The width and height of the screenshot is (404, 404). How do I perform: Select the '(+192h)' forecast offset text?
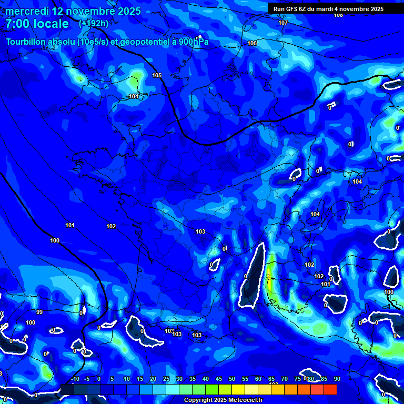coord(94,24)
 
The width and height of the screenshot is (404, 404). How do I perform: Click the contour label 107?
coord(283,23)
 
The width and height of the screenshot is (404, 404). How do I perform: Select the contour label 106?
coord(252,43)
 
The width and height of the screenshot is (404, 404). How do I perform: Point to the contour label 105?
coord(157,75)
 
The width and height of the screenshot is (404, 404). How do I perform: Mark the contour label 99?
coord(39,312)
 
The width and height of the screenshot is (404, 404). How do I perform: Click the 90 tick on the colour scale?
coord(337,379)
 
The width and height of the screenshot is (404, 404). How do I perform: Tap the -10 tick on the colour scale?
coord(75,379)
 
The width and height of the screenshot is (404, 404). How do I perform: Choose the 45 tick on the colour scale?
coord(219,379)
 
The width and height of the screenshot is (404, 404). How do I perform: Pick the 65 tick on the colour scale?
coord(271,379)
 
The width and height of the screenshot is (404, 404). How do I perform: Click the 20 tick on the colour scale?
coord(153,379)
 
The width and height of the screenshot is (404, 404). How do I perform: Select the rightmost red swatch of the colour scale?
coord(330,389)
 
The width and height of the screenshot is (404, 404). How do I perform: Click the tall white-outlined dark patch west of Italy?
coord(252,275)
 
